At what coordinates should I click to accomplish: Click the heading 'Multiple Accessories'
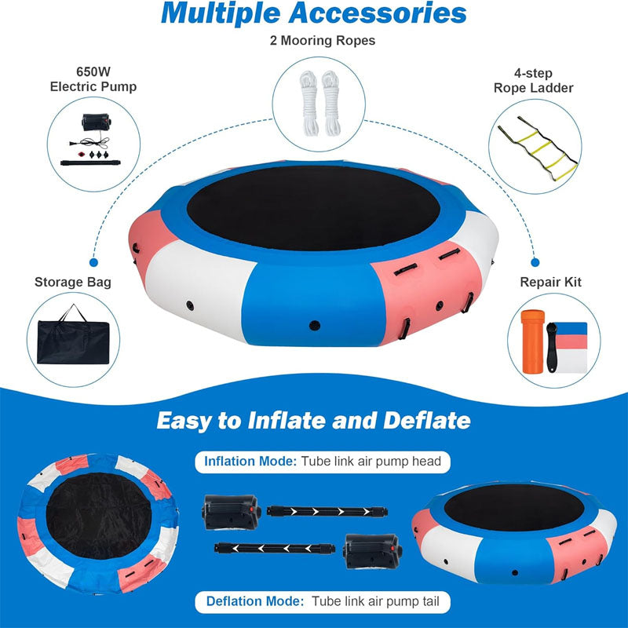(x=314, y=13)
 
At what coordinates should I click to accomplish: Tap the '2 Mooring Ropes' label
(x=314, y=40)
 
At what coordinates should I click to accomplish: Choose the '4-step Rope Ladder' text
(x=533, y=81)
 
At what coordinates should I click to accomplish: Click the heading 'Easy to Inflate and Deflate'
(x=314, y=420)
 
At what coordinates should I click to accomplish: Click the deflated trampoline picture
(x=95, y=534)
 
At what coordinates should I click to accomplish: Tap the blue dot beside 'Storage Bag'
(x=94, y=264)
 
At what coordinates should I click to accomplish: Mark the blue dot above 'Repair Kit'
(x=535, y=264)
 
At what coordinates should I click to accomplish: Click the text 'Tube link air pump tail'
(x=381, y=603)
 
